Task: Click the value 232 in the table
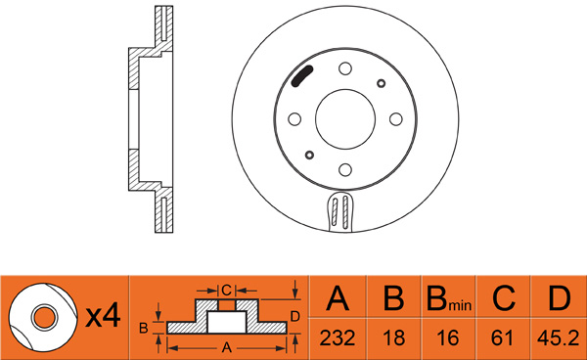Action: (337, 338)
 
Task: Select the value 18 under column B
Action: (394, 338)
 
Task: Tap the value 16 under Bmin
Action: (448, 338)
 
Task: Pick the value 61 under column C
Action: (502, 338)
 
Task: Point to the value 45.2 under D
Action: (559, 338)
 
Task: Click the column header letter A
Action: (338, 297)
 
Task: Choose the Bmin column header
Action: (449, 299)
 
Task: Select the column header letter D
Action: (560, 297)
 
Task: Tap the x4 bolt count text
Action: (104, 316)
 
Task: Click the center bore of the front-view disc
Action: (345, 119)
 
